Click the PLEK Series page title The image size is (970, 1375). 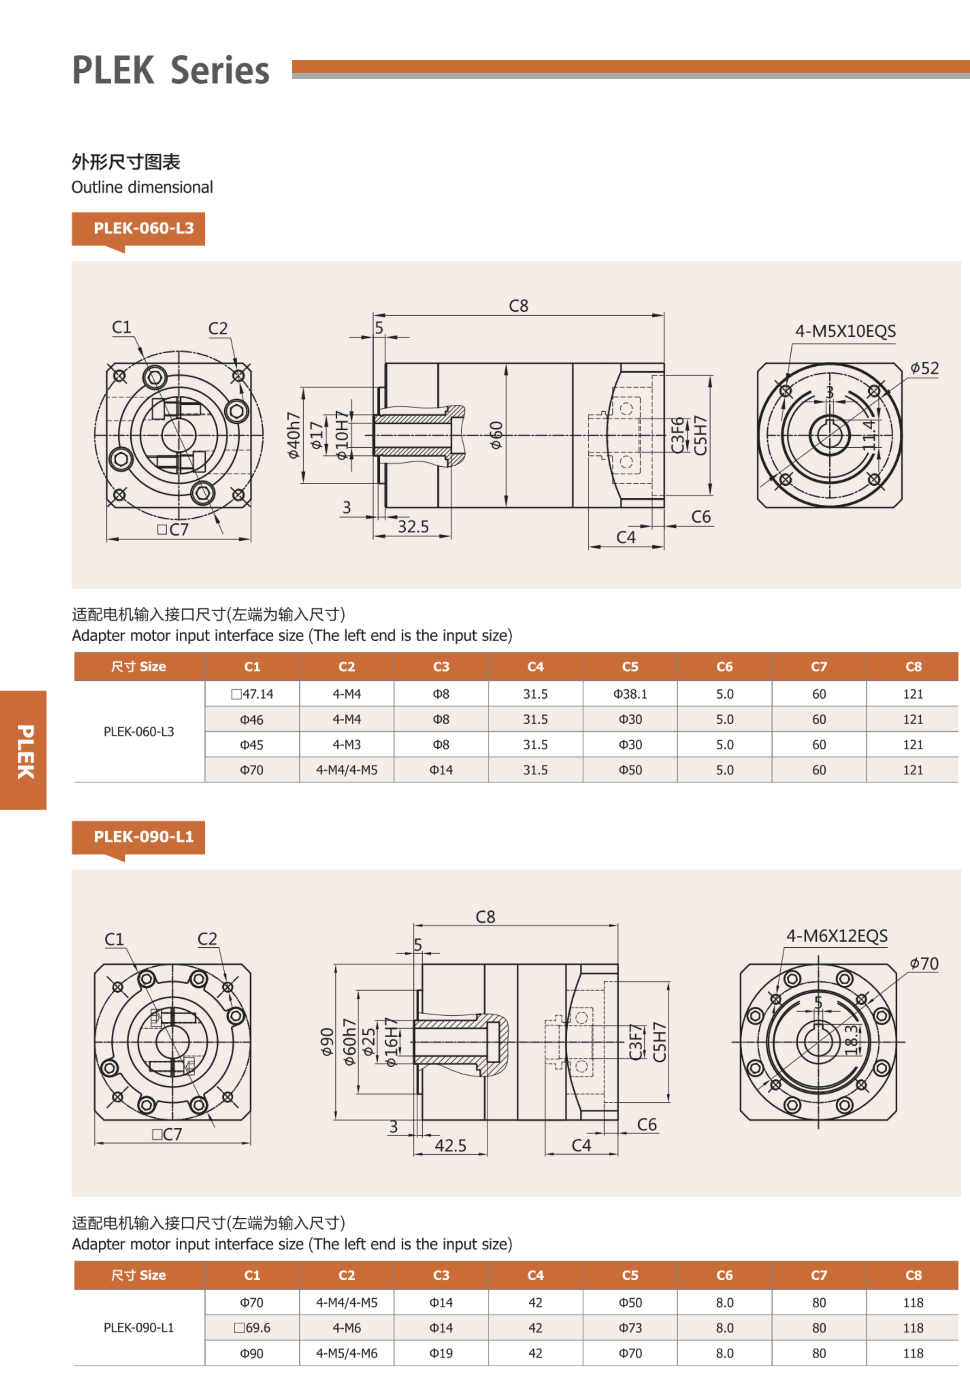[171, 71]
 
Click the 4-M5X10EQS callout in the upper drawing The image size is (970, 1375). [845, 331]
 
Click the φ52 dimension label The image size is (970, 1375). [925, 368]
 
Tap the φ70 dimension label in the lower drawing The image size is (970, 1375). [924, 964]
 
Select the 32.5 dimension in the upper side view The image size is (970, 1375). [414, 527]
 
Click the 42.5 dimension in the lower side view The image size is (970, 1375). [450, 1146]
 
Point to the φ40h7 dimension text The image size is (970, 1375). [293, 436]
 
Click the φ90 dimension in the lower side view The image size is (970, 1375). [327, 1042]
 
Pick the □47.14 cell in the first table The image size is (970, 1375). [252, 694]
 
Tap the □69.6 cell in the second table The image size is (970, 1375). [252, 1328]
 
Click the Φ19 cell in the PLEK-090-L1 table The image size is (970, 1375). [441, 1353]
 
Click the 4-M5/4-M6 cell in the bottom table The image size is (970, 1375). [346, 1353]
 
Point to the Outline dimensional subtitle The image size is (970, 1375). [142, 187]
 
